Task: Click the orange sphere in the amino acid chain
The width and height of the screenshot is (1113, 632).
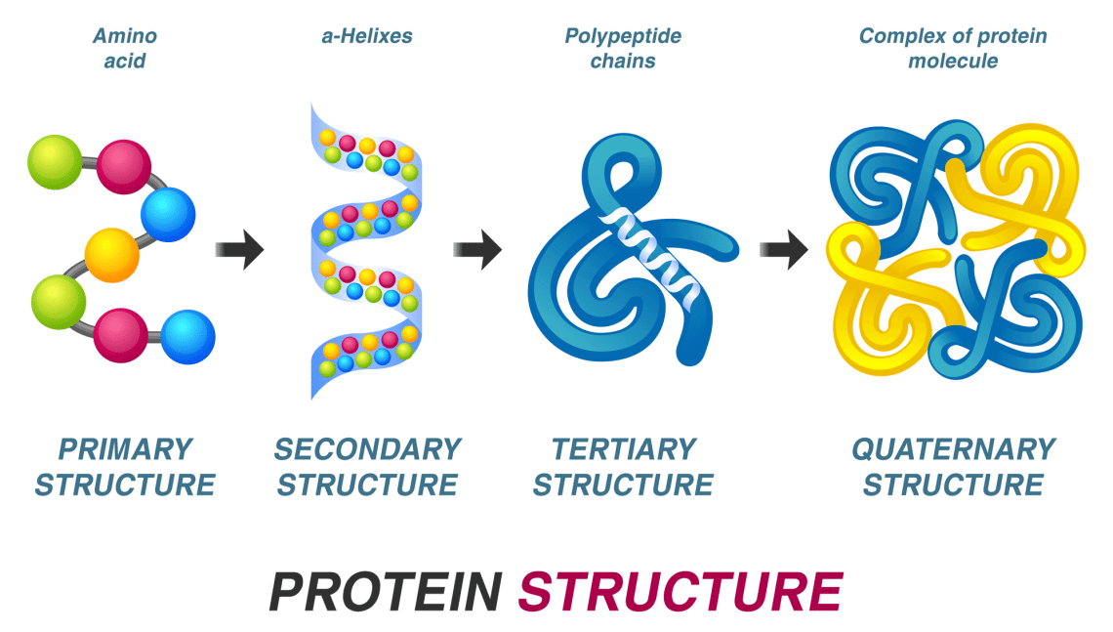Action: click(x=112, y=254)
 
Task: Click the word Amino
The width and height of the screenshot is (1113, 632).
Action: click(x=124, y=36)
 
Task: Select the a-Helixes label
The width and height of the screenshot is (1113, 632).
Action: click(x=366, y=36)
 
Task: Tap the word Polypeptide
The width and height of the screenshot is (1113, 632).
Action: click(x=623, y=36)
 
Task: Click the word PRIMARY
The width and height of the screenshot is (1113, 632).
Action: click(x=125, y=449)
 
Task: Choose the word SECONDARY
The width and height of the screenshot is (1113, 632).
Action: click(x=367, y=449)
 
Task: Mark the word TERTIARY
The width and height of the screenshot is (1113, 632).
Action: click(x=624, y=449)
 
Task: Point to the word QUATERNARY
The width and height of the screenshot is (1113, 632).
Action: click(x=954, y=449)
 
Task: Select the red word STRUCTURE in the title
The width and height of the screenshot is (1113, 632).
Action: click(x=680, y=591)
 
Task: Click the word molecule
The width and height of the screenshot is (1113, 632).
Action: click(x=953, y=61)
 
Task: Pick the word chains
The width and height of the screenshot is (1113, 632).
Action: click(x=623, y=61)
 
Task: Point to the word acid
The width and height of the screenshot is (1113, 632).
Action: click(x=124, y=61)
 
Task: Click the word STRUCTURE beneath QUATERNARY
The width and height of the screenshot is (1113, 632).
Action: click(x=954, y=485)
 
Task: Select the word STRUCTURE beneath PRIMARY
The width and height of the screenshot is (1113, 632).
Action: click(x=125, y=485)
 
